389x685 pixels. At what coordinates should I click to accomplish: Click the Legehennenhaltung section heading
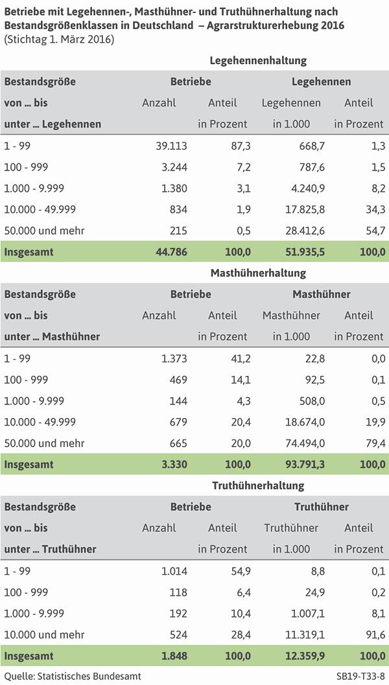pyautogui.click(x=258, y=61)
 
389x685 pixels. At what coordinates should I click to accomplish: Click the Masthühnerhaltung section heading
pyautogui.click(x=258, y=273)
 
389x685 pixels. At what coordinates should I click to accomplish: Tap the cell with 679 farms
pyautogui.click(x=176, y=422)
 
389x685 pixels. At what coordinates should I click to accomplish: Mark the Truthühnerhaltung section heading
pyautogui.click(x=258, y=485)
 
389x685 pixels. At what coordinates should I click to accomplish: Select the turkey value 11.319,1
pyautogui.click(x=300, y=634)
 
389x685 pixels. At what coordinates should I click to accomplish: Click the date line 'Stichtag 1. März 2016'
pyautogui.click(x=59, y=40)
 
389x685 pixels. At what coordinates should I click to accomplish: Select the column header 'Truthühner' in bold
pyautogui.click(x=322, y=507)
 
